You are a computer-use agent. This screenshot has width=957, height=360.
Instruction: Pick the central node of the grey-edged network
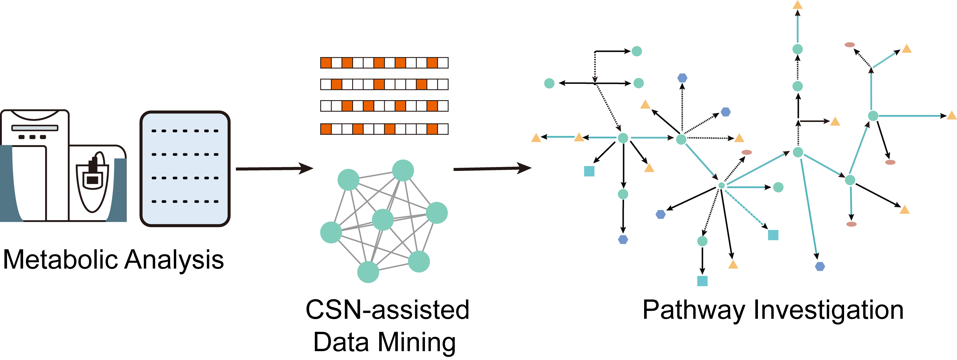click(x=383, y=219)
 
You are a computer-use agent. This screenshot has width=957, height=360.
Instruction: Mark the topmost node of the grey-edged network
click(x=403, y=170)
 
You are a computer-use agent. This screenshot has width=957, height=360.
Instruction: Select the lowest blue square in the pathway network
click(x=702, y=281)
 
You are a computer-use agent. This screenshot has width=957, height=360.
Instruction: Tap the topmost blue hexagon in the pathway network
click(x=682, y=78)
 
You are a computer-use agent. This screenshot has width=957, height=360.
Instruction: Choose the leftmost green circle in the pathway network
click(x=549, y=83)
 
